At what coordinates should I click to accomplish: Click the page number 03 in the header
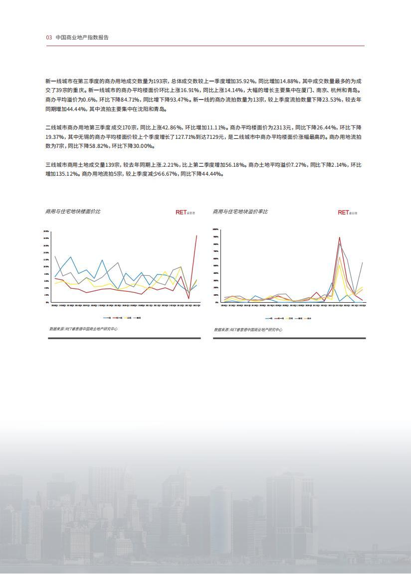coord(49,37)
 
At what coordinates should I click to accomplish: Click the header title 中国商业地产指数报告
coord(82,37)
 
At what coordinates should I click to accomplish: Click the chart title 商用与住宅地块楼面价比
coord(72,212)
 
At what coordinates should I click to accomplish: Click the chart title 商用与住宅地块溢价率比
coord(240,212)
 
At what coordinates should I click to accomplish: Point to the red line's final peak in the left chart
coord(197,235)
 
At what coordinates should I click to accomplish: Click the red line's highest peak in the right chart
coord(340,237)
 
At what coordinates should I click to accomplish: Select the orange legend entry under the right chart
coord(308,318)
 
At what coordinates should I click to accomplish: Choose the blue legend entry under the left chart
coord(107,318)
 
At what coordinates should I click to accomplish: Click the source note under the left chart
coord(83,329)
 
